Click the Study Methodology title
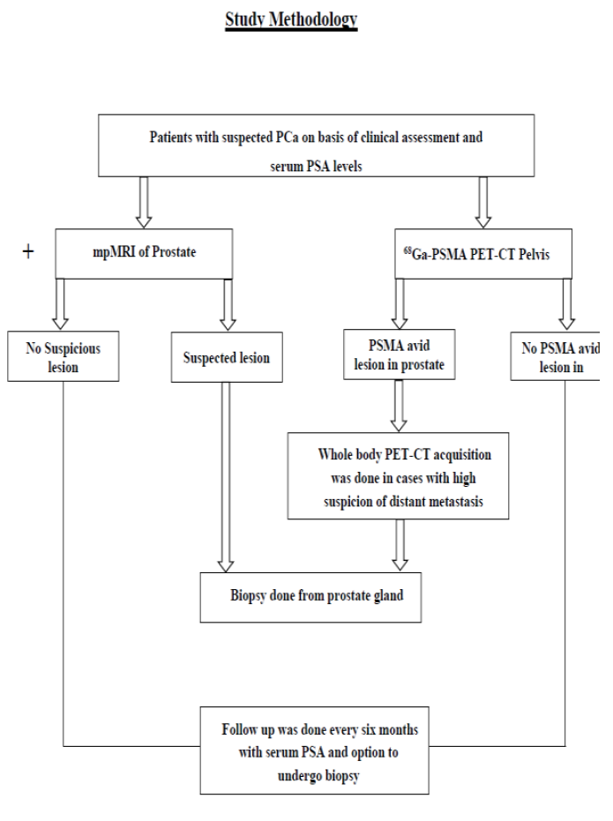point(291,20)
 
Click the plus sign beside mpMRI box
point(28,252)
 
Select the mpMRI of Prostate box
point(144,253)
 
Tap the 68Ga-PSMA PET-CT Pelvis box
point(483,253)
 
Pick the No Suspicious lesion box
point(64,356)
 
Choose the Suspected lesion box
point(227,357)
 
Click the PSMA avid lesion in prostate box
point(400,355)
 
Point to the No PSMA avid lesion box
point(555,356)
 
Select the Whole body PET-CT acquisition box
point(398,476)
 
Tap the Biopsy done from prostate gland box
point(311,597)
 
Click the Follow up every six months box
point(315,750)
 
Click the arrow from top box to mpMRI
point(144,202)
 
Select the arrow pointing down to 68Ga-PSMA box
point(482,202)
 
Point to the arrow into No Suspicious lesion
point(60,304)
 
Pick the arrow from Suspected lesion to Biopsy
point(226,477)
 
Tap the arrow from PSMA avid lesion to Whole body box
point(399,406)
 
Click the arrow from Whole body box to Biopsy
point(400,545)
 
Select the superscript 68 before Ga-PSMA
point(407,250)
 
